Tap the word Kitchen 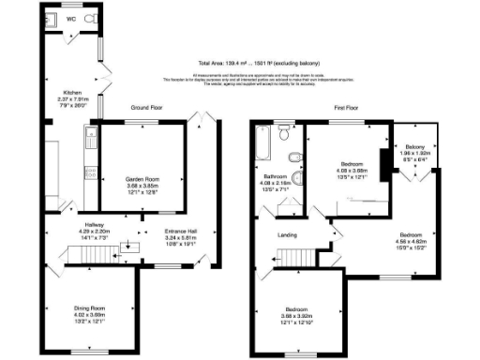[x=71, y=67]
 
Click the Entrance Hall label [x=182, y=231]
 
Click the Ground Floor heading [x=148, y=108]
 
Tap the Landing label [x=287, y=235]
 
